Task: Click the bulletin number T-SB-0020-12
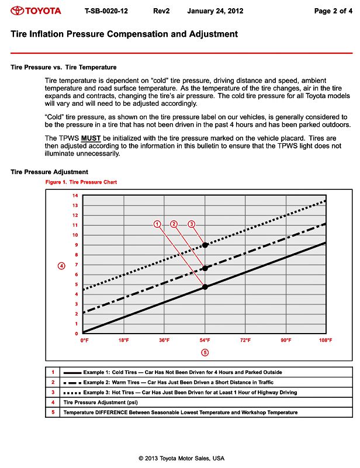coord(106,11)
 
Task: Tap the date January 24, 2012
coord(215,11)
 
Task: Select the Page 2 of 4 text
coord(333,11)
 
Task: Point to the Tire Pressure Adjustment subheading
coord(50,172)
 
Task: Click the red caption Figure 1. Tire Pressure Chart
coord(81,182)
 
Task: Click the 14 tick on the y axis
coord(75,196)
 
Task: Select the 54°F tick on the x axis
coord(205,340)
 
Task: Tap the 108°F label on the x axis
coord(326,340)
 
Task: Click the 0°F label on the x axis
coord(84,340)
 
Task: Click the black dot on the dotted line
coord(205,245)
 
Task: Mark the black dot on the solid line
coord(205,287)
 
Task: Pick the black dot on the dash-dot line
coord(205,268)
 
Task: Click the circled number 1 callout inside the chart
coord(157,224)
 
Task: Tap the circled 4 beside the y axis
coord(61,266)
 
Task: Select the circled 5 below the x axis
coord(205,352)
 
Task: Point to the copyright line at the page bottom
coord(181,458)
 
